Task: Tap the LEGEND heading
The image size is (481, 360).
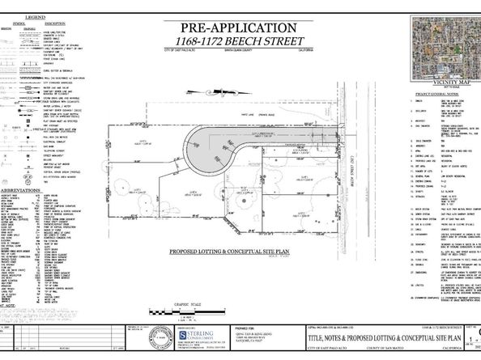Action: (34, 17)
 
